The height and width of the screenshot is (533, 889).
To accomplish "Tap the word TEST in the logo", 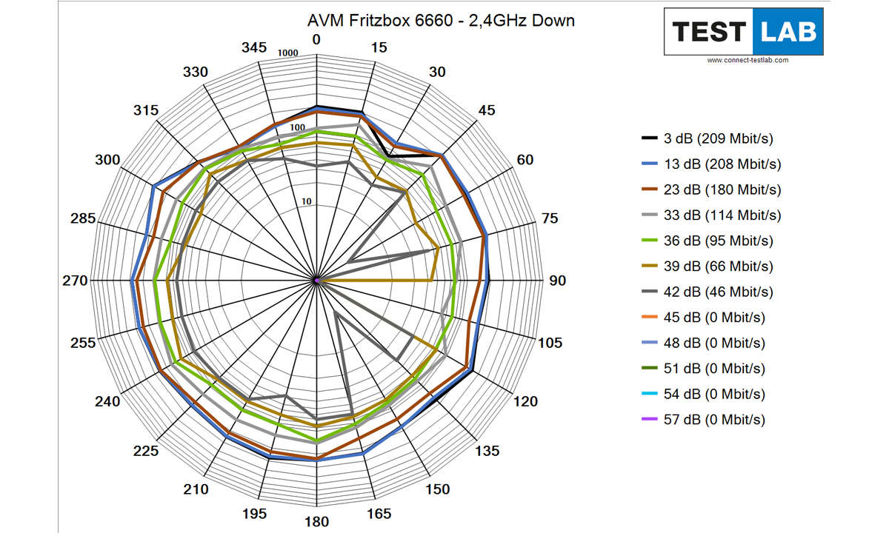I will coord(707,32).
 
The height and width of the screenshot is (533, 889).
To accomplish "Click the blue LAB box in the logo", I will coord(788,32).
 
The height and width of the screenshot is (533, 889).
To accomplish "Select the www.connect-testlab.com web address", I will coord(748,60).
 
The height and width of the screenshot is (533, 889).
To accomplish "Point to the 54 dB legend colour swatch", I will coord(649,395).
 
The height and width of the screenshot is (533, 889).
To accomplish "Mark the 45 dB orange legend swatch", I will coord(649,318).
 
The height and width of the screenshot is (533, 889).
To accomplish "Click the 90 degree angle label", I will coord(556,281).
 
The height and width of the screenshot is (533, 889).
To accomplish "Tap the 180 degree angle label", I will coord(316,522).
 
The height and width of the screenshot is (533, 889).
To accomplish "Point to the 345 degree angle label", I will coord(253,47).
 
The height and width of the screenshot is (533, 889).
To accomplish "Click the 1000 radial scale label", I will coord(287,53).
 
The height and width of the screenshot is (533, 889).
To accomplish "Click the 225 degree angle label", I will coord(146,452).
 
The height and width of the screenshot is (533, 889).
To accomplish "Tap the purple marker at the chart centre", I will coord(316,281).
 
